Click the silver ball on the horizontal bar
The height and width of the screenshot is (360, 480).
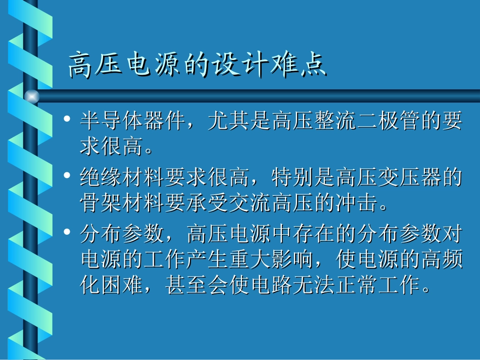click(32, 96)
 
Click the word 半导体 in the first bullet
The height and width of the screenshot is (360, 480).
click(112, 121)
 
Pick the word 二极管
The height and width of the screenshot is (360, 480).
click(388, 121)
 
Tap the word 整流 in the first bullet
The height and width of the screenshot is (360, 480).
click(334, 121)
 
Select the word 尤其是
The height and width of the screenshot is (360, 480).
click(239, 121)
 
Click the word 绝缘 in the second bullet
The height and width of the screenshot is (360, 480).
click(101, 177)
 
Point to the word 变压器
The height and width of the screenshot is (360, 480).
click(409, 177)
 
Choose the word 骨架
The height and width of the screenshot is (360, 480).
click(101, 203)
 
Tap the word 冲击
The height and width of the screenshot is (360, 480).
click(356, 203)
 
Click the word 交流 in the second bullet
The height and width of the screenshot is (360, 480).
click(250, 203)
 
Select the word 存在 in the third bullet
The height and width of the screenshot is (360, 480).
click(314, 233)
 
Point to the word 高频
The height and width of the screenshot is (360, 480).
click(441, 260)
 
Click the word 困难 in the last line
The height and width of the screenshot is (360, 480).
click(122, 286)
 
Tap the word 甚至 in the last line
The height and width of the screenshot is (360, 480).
click(186, 286)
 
